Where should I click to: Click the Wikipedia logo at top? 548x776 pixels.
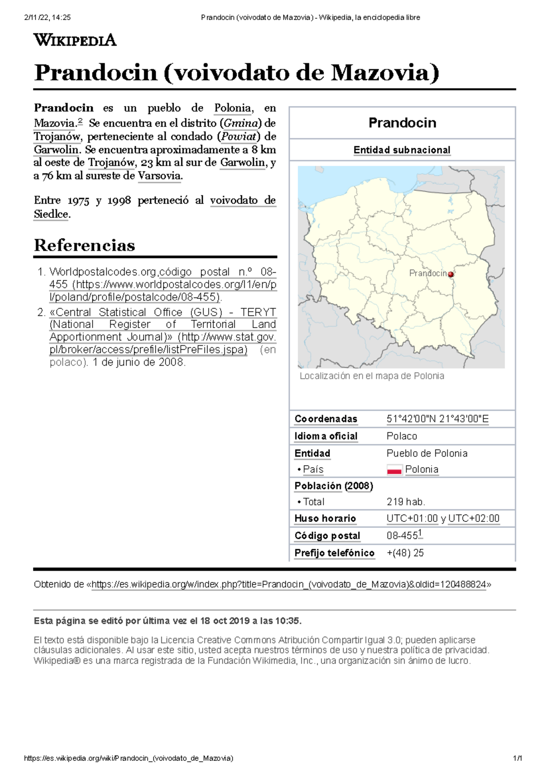coord(75,40)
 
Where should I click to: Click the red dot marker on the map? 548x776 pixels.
coord(451,274)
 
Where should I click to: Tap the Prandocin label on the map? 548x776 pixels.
coord(428,273)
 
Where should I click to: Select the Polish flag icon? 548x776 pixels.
coord(394,469)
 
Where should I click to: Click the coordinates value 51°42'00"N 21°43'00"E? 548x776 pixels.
coord(437,419)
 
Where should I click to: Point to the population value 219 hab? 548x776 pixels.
coord(406,502)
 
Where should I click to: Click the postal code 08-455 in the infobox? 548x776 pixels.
coord(402,536)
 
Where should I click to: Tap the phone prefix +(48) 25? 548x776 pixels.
coord(405,553)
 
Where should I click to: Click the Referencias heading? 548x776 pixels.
coord(84,245)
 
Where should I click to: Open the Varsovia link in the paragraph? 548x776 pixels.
coord(159,175)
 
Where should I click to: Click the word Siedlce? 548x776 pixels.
coord(51,214)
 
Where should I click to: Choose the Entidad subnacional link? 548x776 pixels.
coord(402,150)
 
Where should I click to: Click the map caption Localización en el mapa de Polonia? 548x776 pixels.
coord(372,376)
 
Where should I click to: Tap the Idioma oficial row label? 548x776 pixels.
coord(326,436)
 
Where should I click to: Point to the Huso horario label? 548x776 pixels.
coord(325,518)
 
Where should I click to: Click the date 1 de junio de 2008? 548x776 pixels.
coord(139,362)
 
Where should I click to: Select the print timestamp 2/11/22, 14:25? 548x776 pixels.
coord(47,17)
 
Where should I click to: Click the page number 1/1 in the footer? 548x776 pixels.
coord(517,758)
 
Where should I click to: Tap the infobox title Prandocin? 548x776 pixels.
coord(402,122)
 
